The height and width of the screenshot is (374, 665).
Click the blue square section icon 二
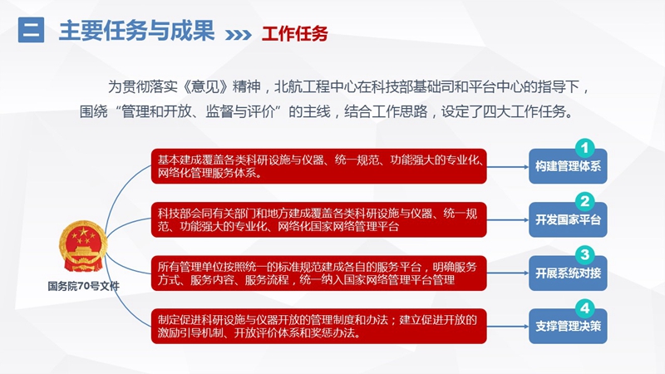tap(31, 30)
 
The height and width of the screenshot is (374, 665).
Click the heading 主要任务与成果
tap(136, 31)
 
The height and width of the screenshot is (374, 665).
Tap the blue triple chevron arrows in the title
tap(239, 34)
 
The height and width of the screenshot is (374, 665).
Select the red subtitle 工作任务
tap(295, 34)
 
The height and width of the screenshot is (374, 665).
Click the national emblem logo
tap(83, 246)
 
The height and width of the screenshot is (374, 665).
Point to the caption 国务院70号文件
tap(84, 286)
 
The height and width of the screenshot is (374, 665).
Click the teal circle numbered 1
tap(585, 148)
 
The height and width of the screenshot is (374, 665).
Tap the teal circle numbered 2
tap(585, 201)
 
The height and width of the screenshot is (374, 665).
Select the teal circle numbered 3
tap(585, 254)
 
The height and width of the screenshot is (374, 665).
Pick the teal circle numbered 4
tap(585, 308)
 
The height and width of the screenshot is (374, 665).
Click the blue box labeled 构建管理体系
tap(568, 167)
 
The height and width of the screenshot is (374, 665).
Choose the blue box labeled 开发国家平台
tap(568, 220)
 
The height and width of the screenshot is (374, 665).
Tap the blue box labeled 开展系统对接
tap(568, 273)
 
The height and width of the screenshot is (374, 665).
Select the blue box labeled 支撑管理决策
tap(568, 327)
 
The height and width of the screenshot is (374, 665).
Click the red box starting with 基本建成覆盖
tap(319, 166)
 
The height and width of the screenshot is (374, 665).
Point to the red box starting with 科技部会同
tap(319, 219)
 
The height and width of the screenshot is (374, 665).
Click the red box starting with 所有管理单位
tap(319, 273)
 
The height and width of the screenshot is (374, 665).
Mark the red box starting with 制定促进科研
tap(319, 326)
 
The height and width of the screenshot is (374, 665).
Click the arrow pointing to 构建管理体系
tap(508, 167)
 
